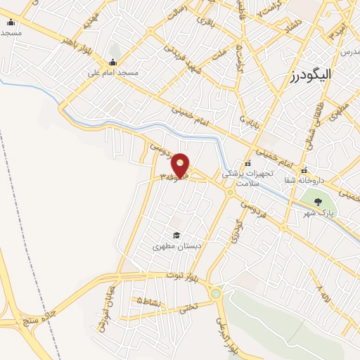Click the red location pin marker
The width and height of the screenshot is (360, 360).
coord(181,165)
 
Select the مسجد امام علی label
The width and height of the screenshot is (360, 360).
coord(113,72)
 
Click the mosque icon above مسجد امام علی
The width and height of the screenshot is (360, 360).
coord(112,62)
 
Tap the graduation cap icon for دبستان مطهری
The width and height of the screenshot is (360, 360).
coord(176,236)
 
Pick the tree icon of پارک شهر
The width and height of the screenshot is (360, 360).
coord(318,202)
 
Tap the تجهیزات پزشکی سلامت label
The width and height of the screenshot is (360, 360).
coord(246,177)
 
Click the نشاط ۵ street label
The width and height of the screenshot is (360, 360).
coord(149,300)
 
